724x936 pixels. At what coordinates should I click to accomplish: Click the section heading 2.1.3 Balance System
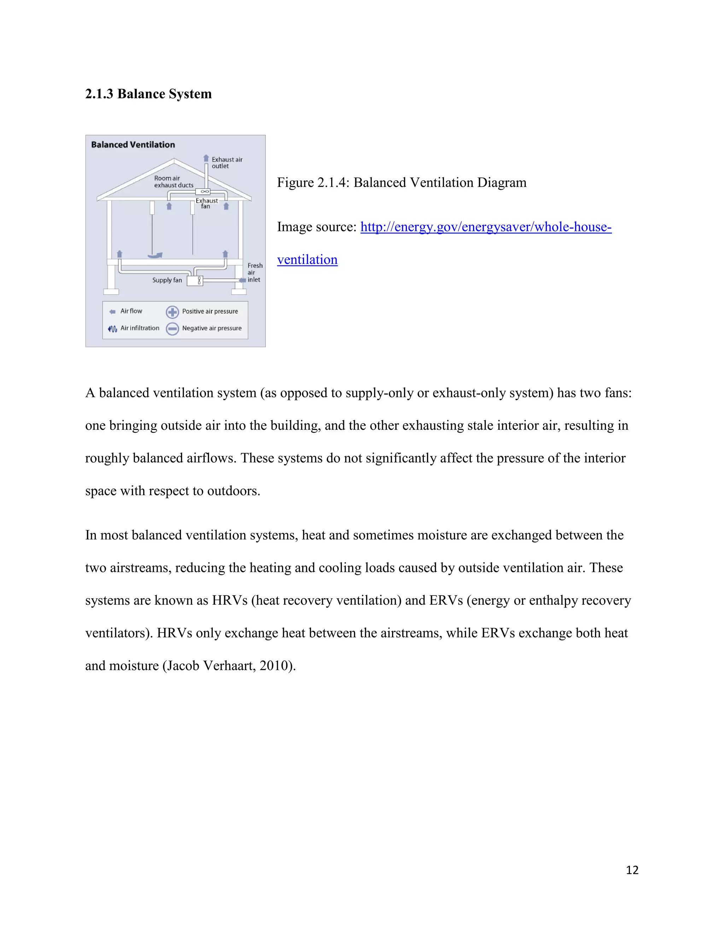pos(148,94)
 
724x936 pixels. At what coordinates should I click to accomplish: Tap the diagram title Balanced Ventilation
pos(133,145)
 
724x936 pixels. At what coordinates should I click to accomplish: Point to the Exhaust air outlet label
pos(227,163)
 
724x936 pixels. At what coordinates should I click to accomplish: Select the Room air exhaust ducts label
pos(173,182)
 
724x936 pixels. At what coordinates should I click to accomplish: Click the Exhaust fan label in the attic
pos(206,203)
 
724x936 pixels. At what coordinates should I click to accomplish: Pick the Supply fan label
pos(167,280)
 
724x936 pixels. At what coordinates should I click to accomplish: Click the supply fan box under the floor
pos(195,281)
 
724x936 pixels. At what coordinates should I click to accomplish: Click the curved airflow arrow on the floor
pos(155,255)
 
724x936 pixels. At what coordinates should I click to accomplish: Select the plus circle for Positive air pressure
pos(173,312)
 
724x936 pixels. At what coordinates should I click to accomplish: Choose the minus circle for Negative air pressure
pos(173,329)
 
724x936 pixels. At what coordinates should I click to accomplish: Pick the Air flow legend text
pos(131,311)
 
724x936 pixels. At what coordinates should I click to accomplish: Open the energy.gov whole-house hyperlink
pos(485,227)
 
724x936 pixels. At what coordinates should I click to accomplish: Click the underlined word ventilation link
pos(307,260)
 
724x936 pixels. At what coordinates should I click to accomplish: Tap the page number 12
pos(632,870)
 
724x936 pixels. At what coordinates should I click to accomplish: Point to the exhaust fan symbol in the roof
pos(205,191)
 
